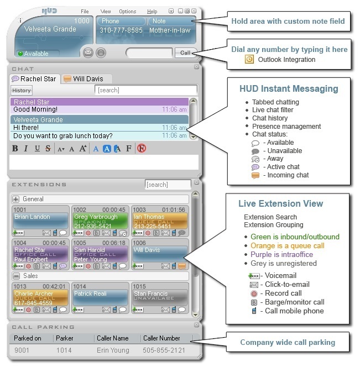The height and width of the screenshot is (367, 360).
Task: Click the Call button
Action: pos(184,53)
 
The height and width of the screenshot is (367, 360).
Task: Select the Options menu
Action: pos(127,12)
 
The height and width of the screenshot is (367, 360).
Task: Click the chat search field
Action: pos(145,90)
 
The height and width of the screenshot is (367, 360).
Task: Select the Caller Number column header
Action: pos(161,338)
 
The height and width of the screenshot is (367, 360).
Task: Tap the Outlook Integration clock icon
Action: pos(249,59)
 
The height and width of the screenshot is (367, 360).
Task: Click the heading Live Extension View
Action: pos(280,204)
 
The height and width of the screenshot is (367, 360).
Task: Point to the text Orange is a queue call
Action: pos(287,245)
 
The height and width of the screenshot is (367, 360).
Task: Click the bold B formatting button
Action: pos(15,148)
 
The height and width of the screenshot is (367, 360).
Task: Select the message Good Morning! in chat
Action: pos(35,109)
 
